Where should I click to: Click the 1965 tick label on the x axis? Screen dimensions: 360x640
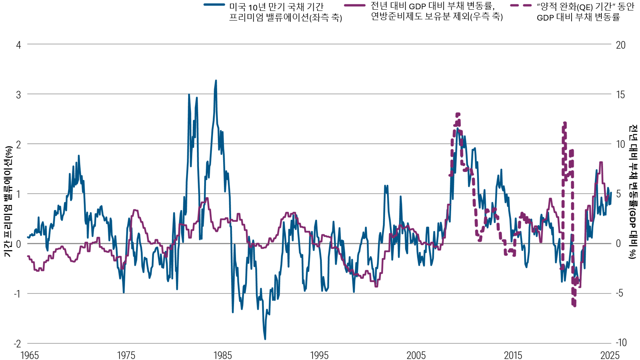click(29, 355)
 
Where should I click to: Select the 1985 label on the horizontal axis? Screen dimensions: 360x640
click(222, 355)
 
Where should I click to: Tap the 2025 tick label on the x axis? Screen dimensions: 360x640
click(609, 355)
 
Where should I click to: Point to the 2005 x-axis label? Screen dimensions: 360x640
click(416, 355)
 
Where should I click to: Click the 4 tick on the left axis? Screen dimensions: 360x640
click(19, 45)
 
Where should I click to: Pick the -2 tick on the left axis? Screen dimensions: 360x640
click(17, 343)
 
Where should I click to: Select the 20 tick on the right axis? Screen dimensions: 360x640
click(621, 45)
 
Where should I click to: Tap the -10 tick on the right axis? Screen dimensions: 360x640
click(621, 343)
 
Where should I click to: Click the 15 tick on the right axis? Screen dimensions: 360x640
click(620, 95)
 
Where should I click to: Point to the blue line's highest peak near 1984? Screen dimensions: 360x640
click(216, 81)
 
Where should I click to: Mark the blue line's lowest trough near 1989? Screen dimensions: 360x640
click(265, 339)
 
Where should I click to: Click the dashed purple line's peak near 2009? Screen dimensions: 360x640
click(458, 114)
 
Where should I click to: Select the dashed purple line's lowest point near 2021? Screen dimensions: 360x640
click(574, 306)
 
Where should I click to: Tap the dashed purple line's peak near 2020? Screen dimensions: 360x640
click(565, 123)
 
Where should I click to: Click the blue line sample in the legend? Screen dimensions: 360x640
click(214, 5)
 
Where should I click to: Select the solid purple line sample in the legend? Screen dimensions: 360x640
click(355, 5)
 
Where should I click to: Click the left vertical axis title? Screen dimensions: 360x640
click(8, 201)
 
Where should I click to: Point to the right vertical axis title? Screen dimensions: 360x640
click(633, 192)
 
